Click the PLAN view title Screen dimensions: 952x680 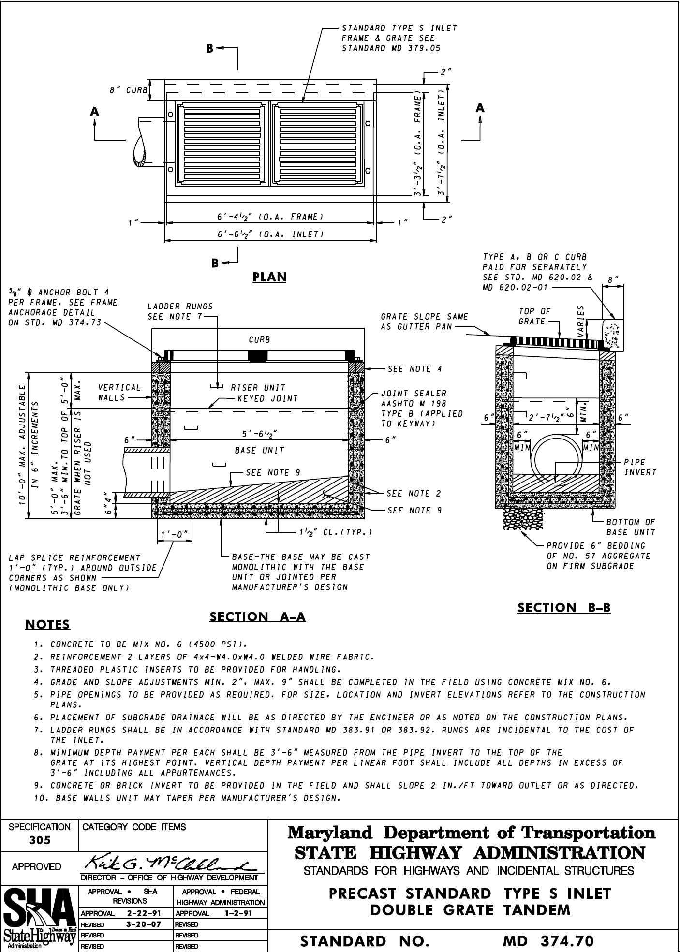click(270, 277)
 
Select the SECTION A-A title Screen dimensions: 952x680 click(257, 617)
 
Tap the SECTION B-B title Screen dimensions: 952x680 click(564, 608)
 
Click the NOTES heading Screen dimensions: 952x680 click(47, 625)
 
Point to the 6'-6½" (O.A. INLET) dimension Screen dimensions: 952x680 click(270, 234)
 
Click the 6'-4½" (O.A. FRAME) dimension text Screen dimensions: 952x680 click(270, 217)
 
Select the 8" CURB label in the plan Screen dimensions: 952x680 click(128, 90)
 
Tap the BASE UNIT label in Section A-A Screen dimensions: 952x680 click(259, 450)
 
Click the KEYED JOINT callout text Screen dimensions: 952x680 click(267, 399)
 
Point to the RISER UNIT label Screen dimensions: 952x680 click(258, 388)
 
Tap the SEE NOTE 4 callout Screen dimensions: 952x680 click(414, 369)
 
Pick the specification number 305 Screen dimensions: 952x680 click(39, 840)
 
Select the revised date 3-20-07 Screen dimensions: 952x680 click(141, 924)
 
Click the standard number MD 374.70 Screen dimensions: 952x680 click(548, 941)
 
